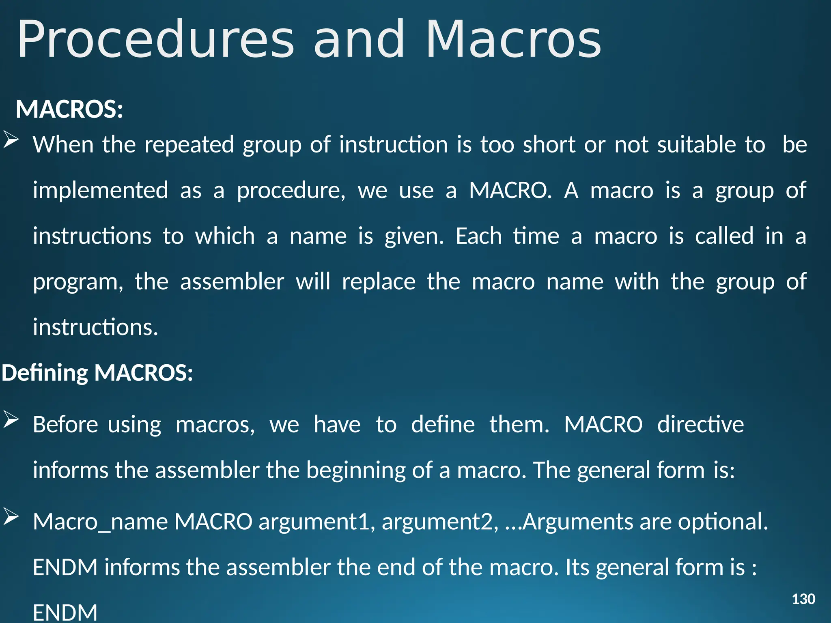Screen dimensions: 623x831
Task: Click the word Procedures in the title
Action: click(155, 40)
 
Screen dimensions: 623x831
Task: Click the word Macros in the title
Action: click(513, 40)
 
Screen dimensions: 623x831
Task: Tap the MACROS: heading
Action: click(69, 109)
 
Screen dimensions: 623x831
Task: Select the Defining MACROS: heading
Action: click(97, 372)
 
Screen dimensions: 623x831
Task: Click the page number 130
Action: click(803, 599)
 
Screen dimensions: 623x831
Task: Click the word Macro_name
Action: click(100, 522)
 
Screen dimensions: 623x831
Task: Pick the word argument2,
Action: click(440, 522)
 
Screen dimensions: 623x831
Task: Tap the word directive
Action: click(700, 425)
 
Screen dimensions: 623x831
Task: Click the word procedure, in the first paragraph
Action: click(291, 191)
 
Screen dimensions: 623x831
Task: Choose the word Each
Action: click(479, 236)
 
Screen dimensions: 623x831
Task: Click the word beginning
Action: click(356, 470)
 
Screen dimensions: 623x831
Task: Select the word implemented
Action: click(100, 191)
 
